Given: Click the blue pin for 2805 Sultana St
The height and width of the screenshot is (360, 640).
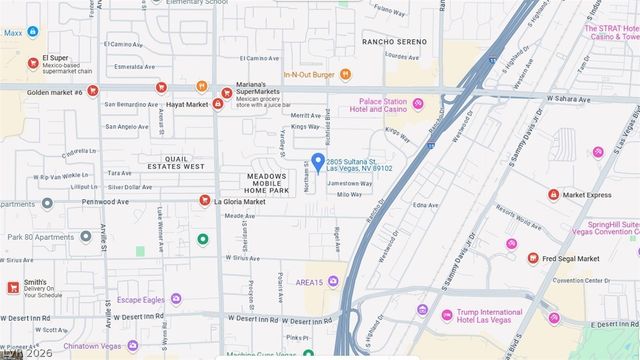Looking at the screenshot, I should coord(317,161).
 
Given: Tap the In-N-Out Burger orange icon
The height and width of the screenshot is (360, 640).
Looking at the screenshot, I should coord(346,73).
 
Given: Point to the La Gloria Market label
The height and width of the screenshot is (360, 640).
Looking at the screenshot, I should coord(240,201).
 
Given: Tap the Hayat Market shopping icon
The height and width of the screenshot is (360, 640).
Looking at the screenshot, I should coord(217,103).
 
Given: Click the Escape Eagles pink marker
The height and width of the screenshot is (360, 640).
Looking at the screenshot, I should coord(176,298).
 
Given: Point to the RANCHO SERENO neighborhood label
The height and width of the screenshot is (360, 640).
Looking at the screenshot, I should coord(395,41).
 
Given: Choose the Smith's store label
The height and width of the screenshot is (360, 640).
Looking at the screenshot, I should coord(35,282).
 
